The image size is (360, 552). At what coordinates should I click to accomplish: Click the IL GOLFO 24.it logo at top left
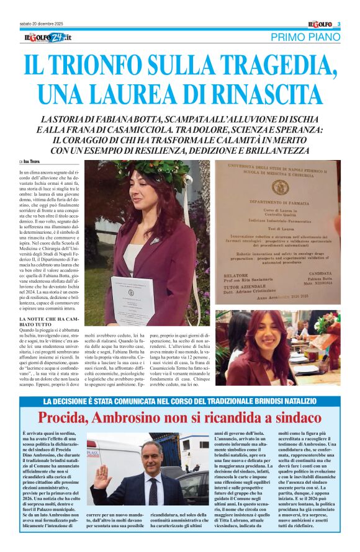pos(48,38)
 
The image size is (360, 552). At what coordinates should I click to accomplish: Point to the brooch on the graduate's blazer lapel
pos(154,239)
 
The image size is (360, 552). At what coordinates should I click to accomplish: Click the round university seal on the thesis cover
pos(280,187)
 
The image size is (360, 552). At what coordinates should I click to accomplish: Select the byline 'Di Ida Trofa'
pos(30,162)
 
